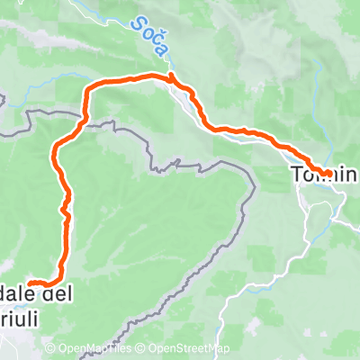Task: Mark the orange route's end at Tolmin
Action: point(328,171)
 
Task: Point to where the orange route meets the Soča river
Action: point(171,78)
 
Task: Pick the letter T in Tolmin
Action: point(295,171)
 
